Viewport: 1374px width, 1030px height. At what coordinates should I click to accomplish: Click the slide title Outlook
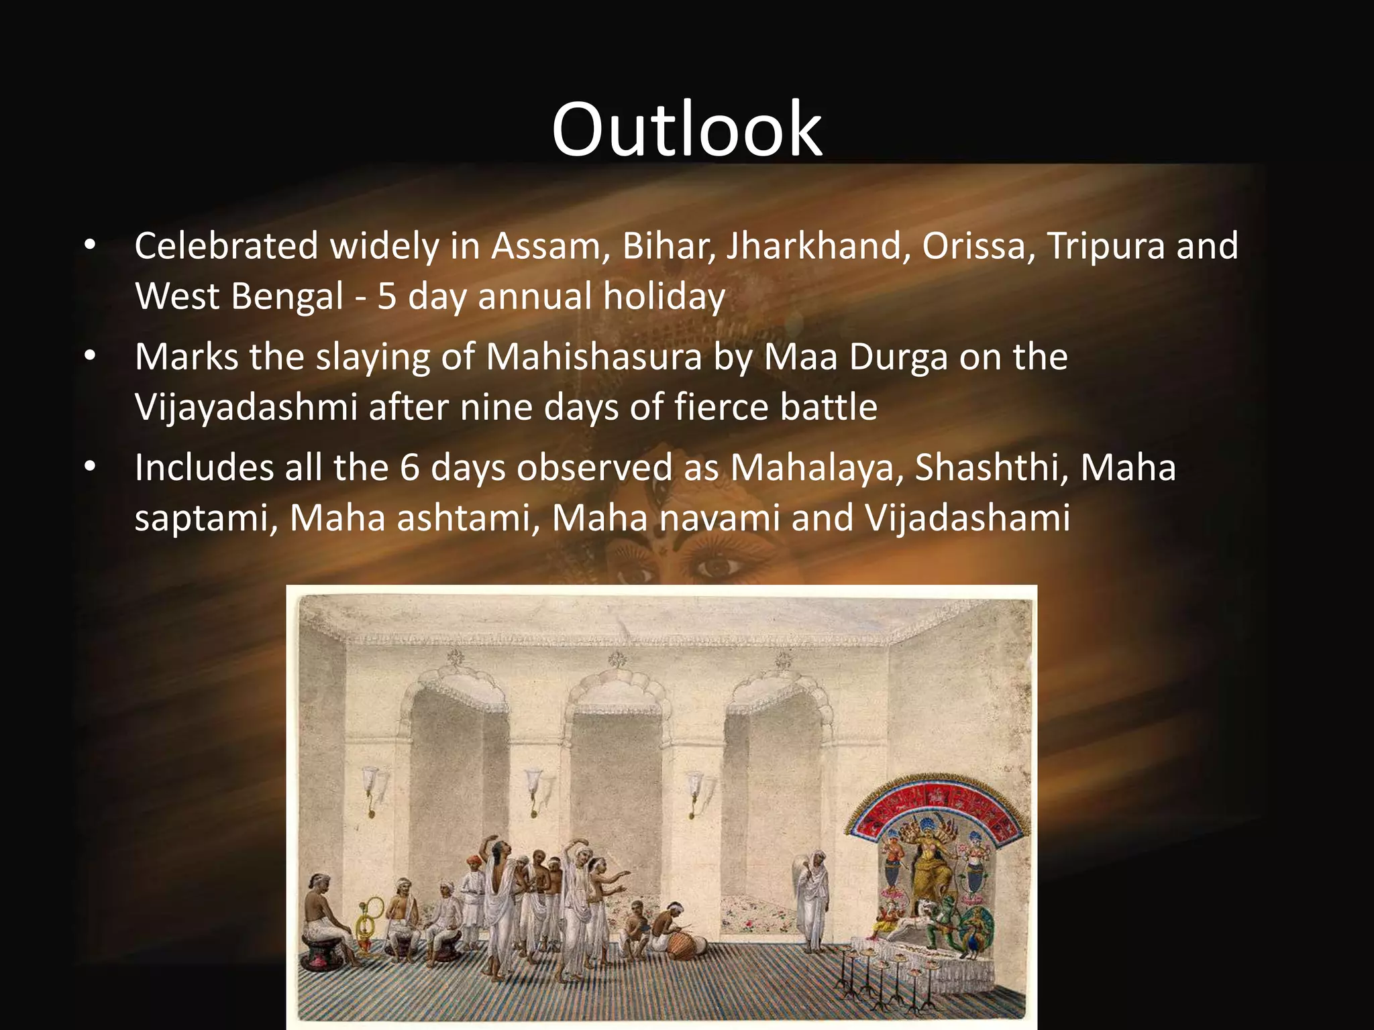click(x=686, y=129)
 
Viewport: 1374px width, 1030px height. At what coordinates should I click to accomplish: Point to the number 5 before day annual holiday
click(x=386, y=296)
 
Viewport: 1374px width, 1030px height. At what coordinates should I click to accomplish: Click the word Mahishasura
click(x=593, y=357)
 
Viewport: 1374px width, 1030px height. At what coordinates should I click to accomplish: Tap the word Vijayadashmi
click(x=246, y=408)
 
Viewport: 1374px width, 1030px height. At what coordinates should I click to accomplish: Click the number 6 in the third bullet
click(x=409, y=467)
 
